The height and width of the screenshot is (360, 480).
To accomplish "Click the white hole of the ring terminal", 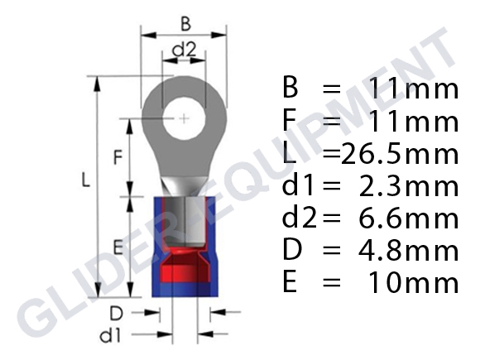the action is click(184, 118).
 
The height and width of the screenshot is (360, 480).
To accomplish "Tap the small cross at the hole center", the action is click(184, 118).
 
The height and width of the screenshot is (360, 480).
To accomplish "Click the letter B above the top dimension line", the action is click(186, 24).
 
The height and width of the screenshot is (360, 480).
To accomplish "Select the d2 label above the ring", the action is click(184, 49).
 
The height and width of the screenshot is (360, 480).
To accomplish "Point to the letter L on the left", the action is click(85, 180).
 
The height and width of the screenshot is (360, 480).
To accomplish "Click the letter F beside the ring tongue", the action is click(118, 157).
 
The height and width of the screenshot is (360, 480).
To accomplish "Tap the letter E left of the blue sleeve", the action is click(118, 247).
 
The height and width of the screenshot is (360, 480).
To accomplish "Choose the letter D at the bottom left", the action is click(117, 313).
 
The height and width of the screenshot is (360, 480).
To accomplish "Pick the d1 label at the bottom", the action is click(111, 336).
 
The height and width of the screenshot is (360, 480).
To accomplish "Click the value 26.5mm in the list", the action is click(400, 154).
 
